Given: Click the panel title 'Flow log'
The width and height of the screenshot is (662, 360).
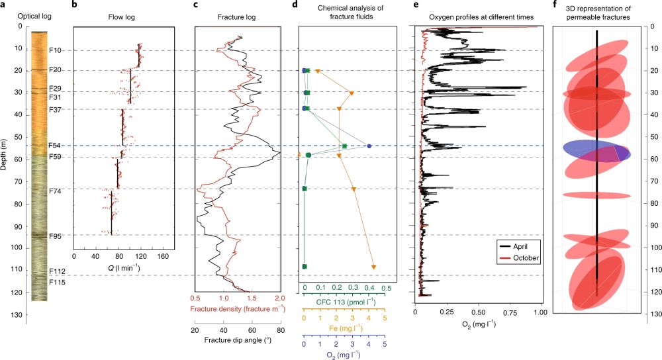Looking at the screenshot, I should [122, 17].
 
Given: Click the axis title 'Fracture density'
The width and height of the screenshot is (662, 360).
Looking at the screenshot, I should [232, 308].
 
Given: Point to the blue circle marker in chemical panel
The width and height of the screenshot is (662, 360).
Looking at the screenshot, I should [369, 146].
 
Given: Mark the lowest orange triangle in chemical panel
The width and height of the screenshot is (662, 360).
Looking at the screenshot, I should [374, 267].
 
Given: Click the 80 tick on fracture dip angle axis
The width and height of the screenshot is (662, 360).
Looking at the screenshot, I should [281, 330].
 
